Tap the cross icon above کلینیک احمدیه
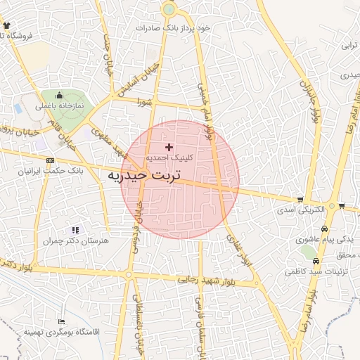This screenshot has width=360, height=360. click(x=168, y=147)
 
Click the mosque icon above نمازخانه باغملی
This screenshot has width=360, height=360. click(x=59, y=95)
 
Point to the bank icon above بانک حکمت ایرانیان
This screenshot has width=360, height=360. click(x=49, y=161)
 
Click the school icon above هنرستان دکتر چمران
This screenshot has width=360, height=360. click(x=75, y=230)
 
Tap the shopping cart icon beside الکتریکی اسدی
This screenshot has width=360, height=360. click(x=301, y=200)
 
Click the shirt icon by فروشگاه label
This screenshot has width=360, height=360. click(x=6, y=26)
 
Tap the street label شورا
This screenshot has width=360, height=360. click(x=145, y=102)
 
